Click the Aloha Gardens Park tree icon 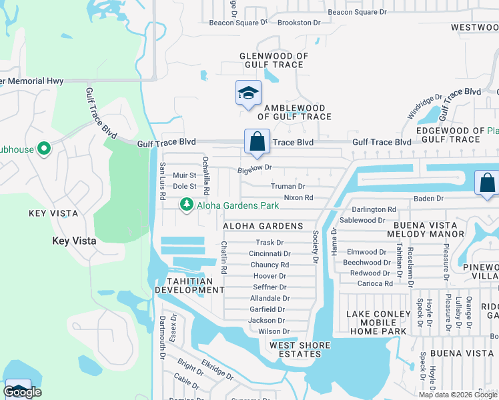tap(187, 205)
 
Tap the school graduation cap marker tap(248, 93)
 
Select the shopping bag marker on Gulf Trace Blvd tap(257, 142)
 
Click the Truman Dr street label tap(288, 187)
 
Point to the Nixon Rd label tap(298, 198)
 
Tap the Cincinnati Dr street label tap(270, 254)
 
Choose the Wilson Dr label tap(274, 331)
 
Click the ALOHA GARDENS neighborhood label tap(263, 227)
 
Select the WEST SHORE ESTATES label tap(296, 349)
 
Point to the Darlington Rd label tap(374, 209)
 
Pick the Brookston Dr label tap(298, 23)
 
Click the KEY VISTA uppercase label tap(53, 213)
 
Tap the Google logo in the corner tap(22, 392)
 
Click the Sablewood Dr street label tap(362, 220)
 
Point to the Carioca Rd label tap(374, 283)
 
